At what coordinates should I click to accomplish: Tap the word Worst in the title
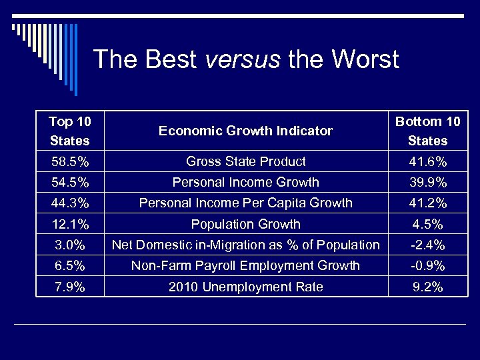coord(363,60)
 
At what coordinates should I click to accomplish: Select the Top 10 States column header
coord(69,131)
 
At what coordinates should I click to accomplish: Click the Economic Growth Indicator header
coord(245,131)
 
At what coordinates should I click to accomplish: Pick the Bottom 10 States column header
coord(427,131)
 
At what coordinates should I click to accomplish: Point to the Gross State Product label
coord(245,161)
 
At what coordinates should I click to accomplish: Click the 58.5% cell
coord(69,161)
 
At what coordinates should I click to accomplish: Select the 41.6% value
coord(427,161)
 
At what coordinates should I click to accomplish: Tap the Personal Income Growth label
coord(245,182)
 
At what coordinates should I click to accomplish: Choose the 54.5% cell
coord(69,182)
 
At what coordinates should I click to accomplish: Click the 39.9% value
coord(427,182)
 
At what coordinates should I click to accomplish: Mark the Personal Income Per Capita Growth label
coord(245,203)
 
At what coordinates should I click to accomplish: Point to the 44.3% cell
coord(69,203)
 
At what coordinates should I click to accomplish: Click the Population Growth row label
coord(245,224)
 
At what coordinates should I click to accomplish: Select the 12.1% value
coord(69,224)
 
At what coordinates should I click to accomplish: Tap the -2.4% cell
coord(427,245)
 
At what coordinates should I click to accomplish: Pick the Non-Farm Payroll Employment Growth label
coord(245,265)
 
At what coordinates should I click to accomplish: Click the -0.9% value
coord(427,265)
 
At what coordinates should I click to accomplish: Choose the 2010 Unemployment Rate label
coord(245,287)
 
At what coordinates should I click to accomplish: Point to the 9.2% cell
coord(427,287)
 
